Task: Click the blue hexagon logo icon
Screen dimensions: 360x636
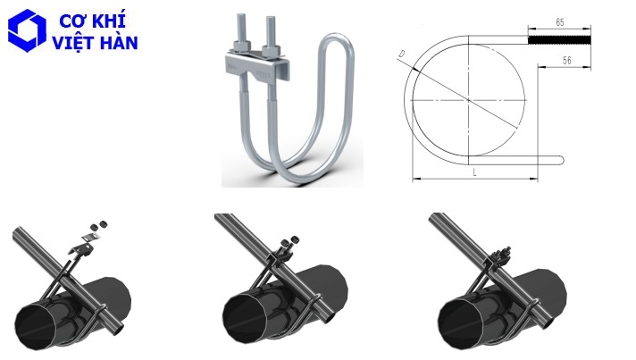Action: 24,29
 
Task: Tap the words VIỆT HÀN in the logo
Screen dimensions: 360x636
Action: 96,42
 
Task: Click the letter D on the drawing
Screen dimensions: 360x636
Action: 404,55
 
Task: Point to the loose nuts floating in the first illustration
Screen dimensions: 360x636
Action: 97,223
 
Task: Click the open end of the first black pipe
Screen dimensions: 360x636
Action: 36,326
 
